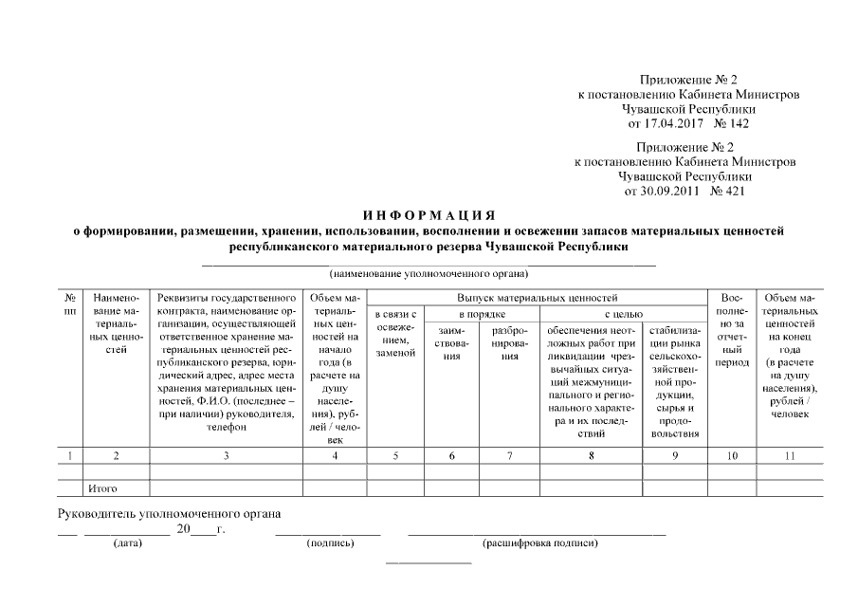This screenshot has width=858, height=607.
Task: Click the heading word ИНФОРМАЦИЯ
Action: (x=429, y=214)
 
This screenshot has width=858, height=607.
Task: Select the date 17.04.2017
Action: (x=666, y=123)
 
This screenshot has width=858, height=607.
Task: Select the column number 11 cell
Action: (x=789, y=456)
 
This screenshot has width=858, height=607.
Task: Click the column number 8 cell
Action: (x=592, y=456)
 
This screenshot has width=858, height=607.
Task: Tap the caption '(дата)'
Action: (x=128, y=543)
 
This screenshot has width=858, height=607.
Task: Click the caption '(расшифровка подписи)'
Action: (x=540, y=543)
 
